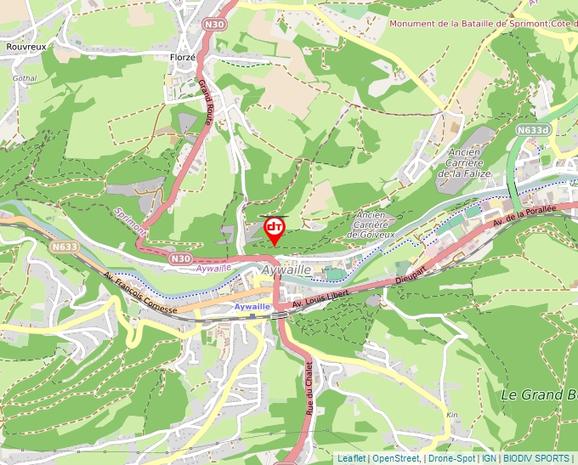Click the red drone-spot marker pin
tap(274, 229)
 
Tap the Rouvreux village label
tap(25, 47)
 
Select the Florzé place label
tap(182, 57)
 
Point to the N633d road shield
tap(533, 130)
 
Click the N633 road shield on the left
tap(65, 247)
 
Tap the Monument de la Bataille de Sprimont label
tap(481, 23)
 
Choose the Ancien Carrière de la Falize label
tap(460, 162)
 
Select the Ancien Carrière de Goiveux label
tap(375, 225)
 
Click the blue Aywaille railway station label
tap(252, 306)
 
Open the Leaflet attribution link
tap(351, 458)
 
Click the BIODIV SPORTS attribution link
tap(537, 458)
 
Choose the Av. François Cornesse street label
tap(139, 293)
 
